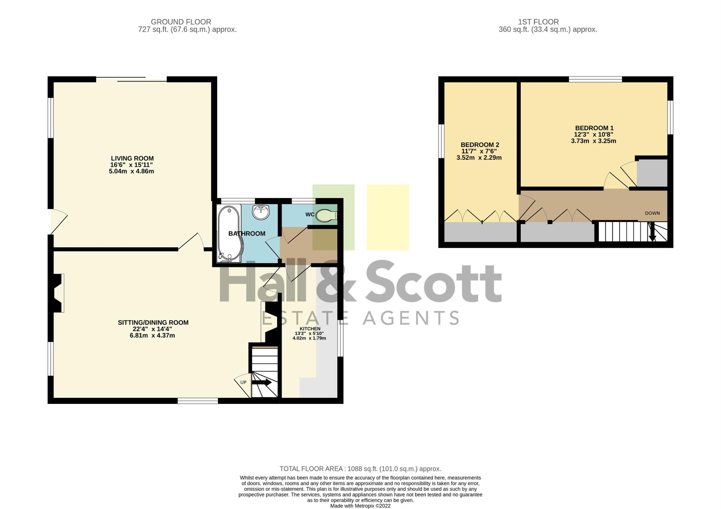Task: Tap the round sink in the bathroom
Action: (x=261, y=212)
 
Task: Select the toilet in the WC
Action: (x=326, y=215)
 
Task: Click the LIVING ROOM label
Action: (x=132, y=158)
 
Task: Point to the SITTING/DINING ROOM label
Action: (x=153, y=323)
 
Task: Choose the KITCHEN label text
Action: (x=310, y=329)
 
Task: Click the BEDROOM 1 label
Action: (x=594, y=128)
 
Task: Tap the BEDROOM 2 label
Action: (x=480, y=145)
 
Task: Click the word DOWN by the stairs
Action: (x=652, y=213)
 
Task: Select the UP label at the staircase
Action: (x=243, y=382)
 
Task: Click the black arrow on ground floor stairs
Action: (x=262, y=382)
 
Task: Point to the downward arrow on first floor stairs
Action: (x=652, y=232)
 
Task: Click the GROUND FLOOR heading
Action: (x=181, y=22)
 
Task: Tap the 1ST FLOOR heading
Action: (x=538, y=22)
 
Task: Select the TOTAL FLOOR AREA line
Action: (x=360, y=469)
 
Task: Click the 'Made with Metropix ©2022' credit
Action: (x=360, y=506)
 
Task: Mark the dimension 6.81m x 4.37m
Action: (x=152, y=336)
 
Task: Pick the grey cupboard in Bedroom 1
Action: (x=652, y=173)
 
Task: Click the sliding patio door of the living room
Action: (x=131, y=79)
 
